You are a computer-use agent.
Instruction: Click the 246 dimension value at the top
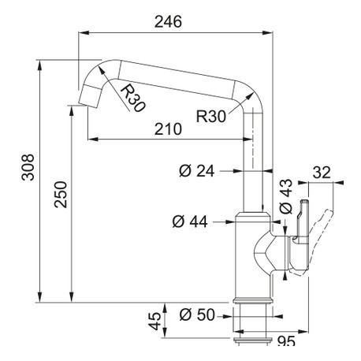tap(168, 21)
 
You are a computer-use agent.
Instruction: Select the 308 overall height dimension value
tap(28, 167)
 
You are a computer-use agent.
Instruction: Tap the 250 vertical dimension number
tap(61, 195)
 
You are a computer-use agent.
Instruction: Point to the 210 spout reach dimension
tap(168, 129)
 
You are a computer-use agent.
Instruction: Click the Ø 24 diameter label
tap(197, 171)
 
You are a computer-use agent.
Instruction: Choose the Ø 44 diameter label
tap(190, 221)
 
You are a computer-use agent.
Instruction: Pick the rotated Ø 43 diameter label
tap(286, 196)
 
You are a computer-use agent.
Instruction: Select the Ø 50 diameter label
tap(197, 314)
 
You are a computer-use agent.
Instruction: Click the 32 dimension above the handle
tap(322, 173)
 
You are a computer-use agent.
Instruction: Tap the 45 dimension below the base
tap(155, 321)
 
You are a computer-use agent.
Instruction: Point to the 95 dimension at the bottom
tap(286, 341)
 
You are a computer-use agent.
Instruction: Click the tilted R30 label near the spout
tap(132, 98)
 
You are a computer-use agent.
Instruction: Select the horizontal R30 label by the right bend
tap(211, 117)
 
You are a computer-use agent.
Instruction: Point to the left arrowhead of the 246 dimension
tap(84, 32)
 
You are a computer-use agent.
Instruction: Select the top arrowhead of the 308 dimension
tap(39, 65)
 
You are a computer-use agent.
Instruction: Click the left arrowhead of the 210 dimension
tap(92, 139)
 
